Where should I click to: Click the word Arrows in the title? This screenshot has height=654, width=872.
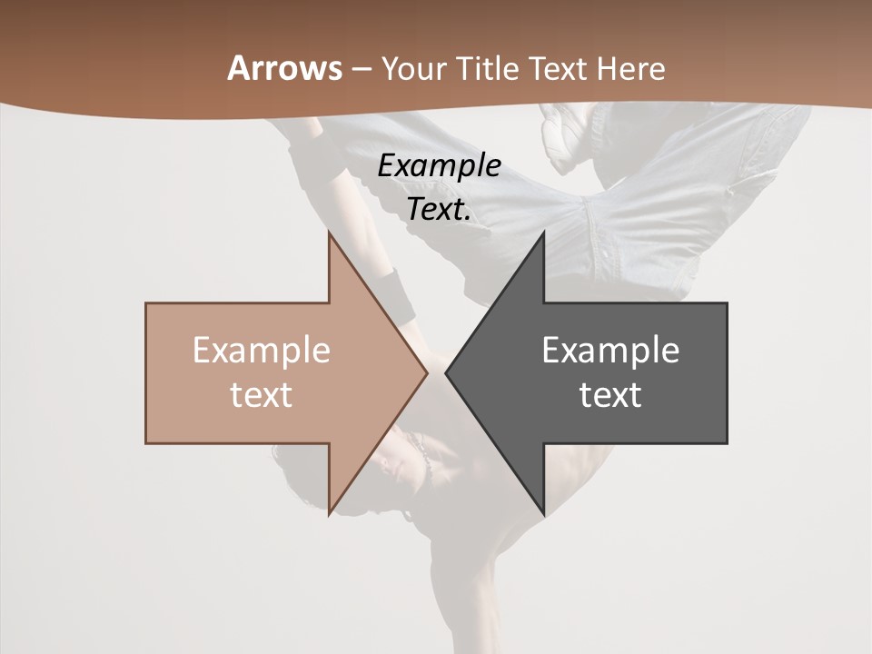click(x=285, y=68)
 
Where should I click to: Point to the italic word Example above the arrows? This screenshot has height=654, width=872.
click(x=439, y=165)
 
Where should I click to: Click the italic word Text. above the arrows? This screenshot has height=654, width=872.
click(x=439, y=210)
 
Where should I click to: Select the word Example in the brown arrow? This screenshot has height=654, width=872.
click(x=261, y=351)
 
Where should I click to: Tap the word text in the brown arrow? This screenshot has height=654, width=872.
click(x=261, y=394)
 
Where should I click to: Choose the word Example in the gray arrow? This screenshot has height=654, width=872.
click(x=610, y=351)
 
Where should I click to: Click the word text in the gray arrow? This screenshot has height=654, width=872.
click(x=610, y=394)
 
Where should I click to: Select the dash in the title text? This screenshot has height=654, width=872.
click(x=361, y=69)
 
